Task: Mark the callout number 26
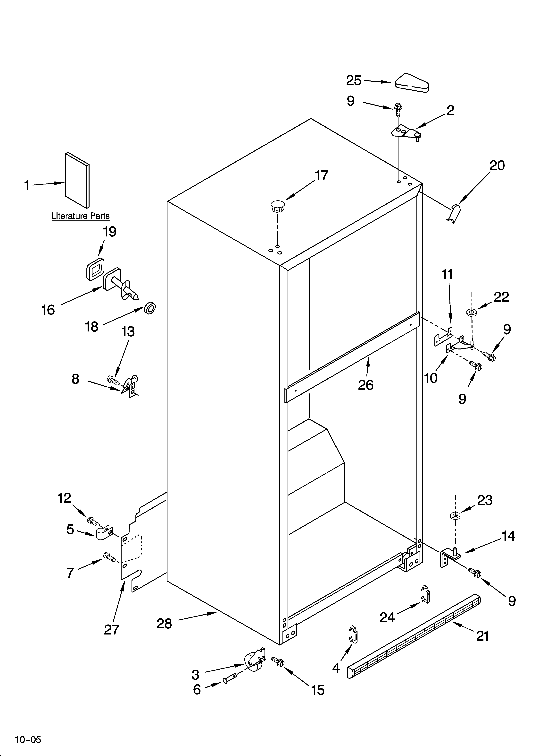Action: tap(365, 385)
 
